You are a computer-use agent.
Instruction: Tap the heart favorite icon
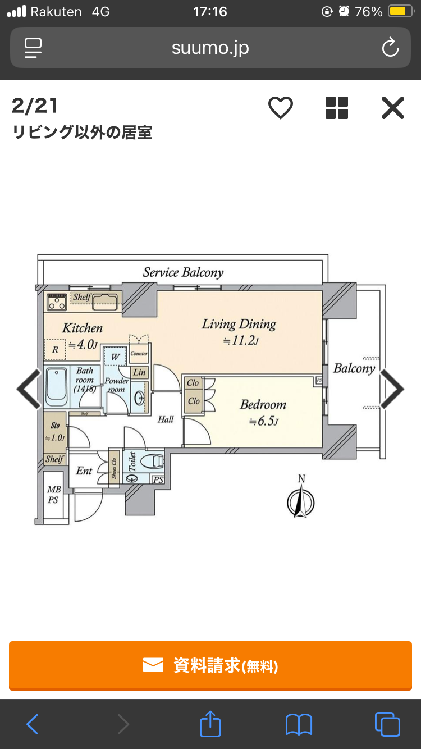pos(280,108)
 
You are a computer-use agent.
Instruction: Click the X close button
pos(392,108)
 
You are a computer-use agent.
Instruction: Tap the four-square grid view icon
pos(337,108)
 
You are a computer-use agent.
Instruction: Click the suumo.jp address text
pos(210,48)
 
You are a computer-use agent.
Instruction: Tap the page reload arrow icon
pos(390,48)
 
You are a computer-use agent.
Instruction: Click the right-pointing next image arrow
pos(392,389)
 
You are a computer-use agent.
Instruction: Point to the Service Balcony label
pos(183,273)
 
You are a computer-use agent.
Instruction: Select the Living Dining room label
pos(239,325)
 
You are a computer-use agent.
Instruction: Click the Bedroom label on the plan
pos(263,405)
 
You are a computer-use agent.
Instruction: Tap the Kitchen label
pos(83,328)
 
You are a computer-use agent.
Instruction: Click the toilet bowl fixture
pos(152,462)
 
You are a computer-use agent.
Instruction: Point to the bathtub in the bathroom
pos(56,387)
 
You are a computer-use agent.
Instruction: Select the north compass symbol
pos(301,501)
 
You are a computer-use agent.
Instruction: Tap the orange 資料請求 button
pos(210,665)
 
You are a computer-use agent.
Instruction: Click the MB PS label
pos(54,495)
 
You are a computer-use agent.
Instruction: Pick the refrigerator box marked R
pos(55,349)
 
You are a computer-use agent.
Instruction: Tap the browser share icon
pos(210,724)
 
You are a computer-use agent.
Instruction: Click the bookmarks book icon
pos(299,724)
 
